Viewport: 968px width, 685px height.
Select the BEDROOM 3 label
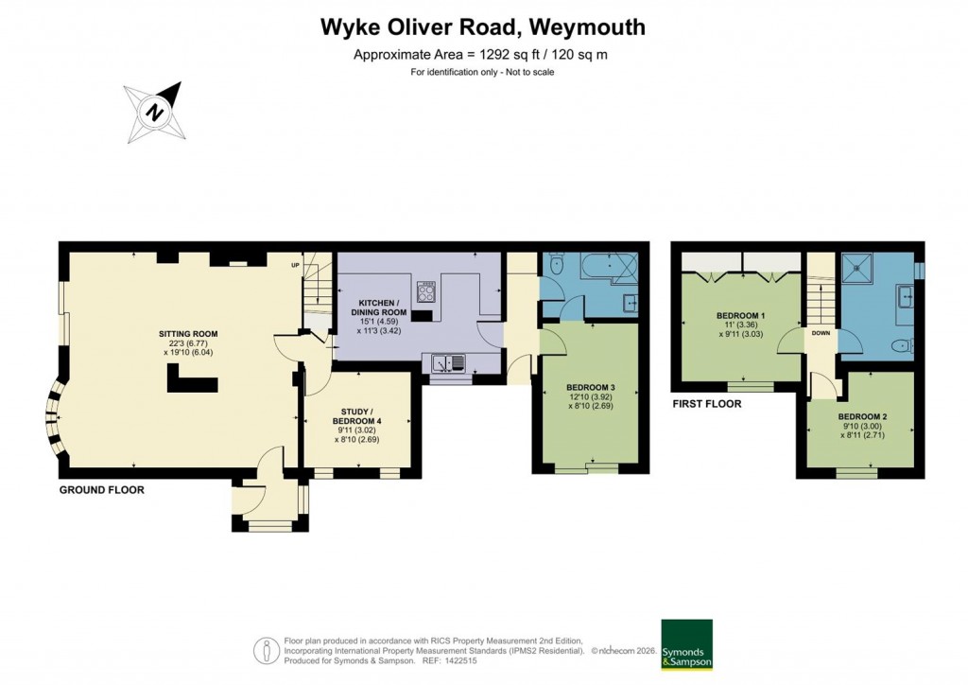pos(591,388)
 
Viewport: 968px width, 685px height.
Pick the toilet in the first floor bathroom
pos(902,344)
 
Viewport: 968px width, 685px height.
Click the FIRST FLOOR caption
pos(706,404)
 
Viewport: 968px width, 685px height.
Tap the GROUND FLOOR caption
pos(101,490)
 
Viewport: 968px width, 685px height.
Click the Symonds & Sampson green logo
pos(686,645)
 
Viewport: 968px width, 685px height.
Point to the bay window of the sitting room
pos(54,414)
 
